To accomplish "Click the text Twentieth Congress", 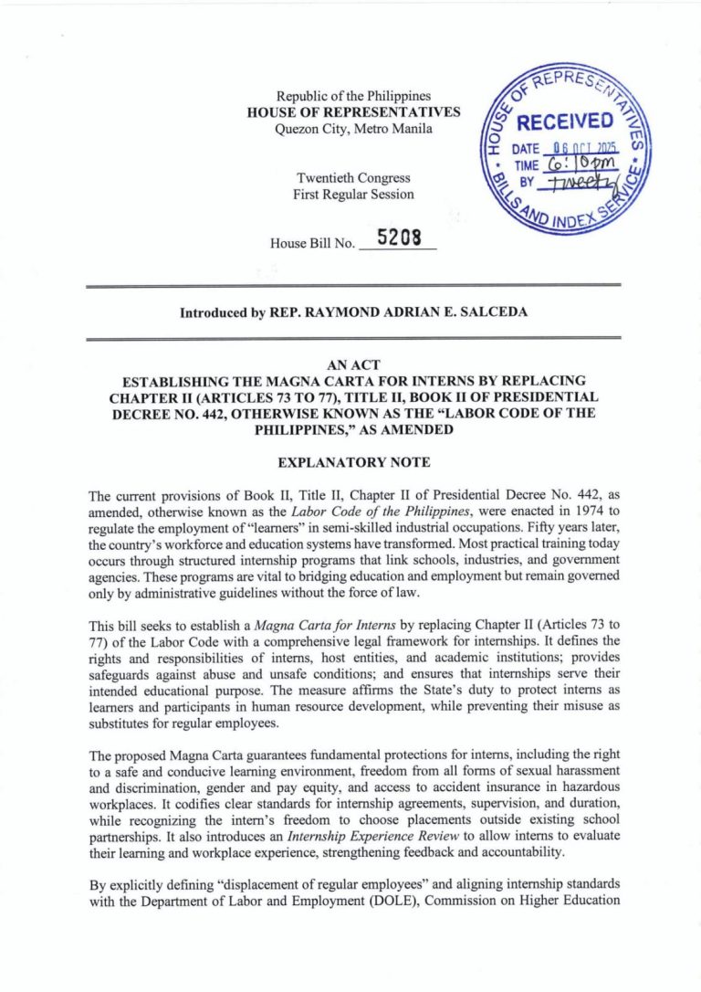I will [352, 178].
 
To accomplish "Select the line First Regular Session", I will [352, 195].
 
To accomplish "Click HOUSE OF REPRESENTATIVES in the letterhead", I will [352, 111].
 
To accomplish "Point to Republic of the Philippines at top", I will [352, 95].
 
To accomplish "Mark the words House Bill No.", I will [311, 244].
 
